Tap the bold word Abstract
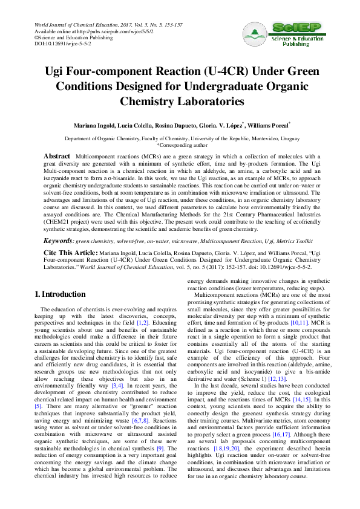(x=57, y=157)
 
